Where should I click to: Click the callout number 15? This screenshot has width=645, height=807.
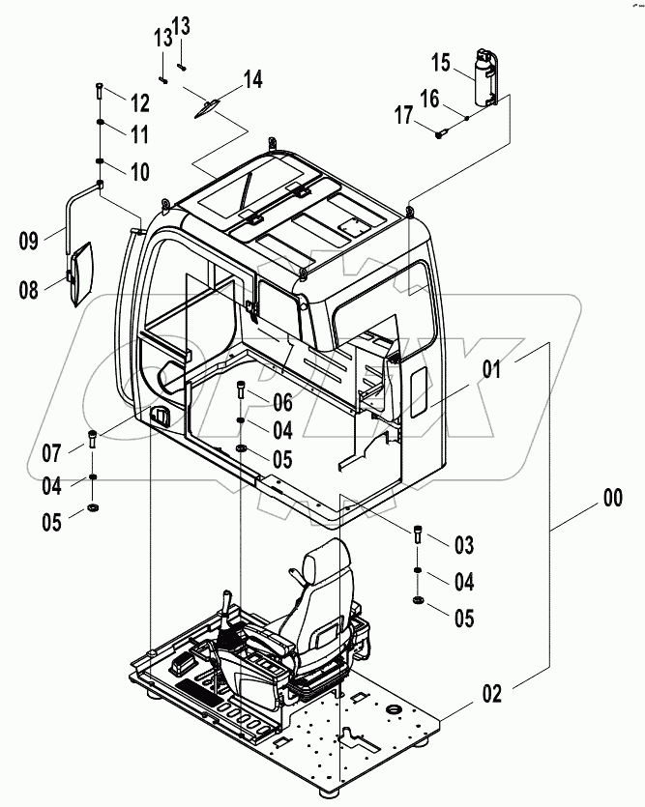tap(440, 64)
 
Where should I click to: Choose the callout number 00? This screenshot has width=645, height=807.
tap(612, 499)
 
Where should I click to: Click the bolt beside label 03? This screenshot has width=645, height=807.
tap(416, 536)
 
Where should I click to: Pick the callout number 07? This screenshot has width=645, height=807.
tap(51, 451)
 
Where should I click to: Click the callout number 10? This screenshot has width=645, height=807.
tap(139, 172)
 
